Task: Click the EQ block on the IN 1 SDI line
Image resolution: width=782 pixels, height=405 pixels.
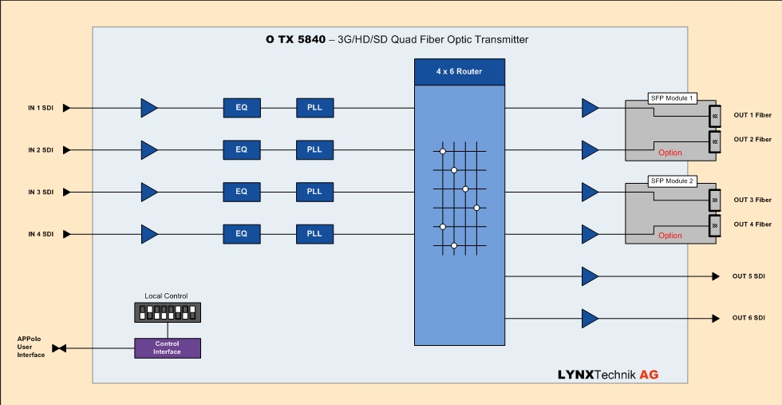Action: pyautogui.click(x=241, y=108)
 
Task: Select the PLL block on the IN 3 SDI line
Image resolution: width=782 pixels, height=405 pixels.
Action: pyautogui.click(x=314, y=192)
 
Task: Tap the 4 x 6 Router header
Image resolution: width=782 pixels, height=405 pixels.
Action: pyautogui.click(x=459, y=71)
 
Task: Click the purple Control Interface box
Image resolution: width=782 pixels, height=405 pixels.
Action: pyautogui.click(x=168, y=347)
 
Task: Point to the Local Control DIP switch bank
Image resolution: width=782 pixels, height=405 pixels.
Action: pyautogui.click(x=168, y=312)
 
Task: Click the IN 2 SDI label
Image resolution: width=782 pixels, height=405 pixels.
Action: pyautogui.click(x=41, y=149)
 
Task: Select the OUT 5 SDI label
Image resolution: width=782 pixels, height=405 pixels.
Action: pyautogui.click(x=748, y=276)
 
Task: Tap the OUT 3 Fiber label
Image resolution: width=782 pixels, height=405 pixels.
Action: pyautogui.click(x=752, y=200)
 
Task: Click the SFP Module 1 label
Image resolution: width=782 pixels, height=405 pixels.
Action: pyautogui.click(x=673, y=98)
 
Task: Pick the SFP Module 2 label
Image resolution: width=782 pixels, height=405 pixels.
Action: pyautogui.click(x=673, y=181)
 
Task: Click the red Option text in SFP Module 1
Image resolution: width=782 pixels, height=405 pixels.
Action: pyautogui.click(x=670, y=152)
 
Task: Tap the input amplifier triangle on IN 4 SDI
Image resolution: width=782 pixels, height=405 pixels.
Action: pyautogui.click(x=149, y=234)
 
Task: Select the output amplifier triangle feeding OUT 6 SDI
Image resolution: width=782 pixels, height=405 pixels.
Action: pyautogui.click(x=590, y=319)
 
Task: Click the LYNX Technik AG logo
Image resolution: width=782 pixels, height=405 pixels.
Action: pyautogui.click(x=608, y=374)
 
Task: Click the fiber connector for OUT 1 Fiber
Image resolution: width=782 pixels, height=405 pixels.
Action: pyautogui.click(x=715, y=116)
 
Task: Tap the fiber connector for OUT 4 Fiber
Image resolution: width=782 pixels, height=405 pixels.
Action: pyautogui.click(x=715, y=224)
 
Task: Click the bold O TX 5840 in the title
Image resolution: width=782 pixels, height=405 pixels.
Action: pyautogui.click(x=295, y=39)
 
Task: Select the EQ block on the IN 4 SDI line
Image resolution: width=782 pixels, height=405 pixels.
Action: pyautogui.click(x=241, y=234)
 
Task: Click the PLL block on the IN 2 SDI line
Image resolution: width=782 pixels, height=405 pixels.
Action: pyautogui.click(x=314, y=149)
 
